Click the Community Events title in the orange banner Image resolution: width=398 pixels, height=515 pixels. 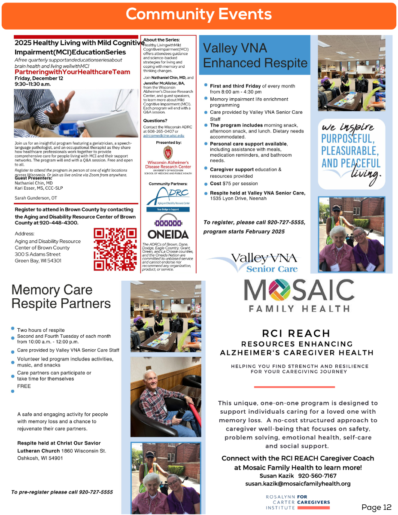click(x=199, y=14)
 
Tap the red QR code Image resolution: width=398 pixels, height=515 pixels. click(x=115, y=249)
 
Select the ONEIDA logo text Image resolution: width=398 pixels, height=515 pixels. click(x=168, y=234)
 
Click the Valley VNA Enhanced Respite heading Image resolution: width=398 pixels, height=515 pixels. click(x=255, y=55)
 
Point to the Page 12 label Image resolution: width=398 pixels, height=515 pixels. click(x=376, y=507)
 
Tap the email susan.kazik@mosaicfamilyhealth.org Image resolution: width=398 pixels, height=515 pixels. click(x=298, y=484)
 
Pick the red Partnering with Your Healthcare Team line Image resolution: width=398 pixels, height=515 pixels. click(x=72, y=72)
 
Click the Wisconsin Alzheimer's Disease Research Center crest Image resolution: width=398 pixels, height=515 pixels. click(x=168, y=152)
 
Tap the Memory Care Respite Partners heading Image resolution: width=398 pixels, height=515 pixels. click(x=61, y=297)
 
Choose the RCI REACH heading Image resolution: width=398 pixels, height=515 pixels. click(x=296, y=333)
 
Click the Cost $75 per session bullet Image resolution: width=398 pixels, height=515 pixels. click(x=234, y=184)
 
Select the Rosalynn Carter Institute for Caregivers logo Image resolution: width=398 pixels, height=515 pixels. click(x=298, y=502)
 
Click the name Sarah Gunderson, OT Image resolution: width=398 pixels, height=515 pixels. click(x=36, y=198)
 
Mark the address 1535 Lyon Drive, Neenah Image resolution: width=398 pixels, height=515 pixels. click(x=238, y=199)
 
